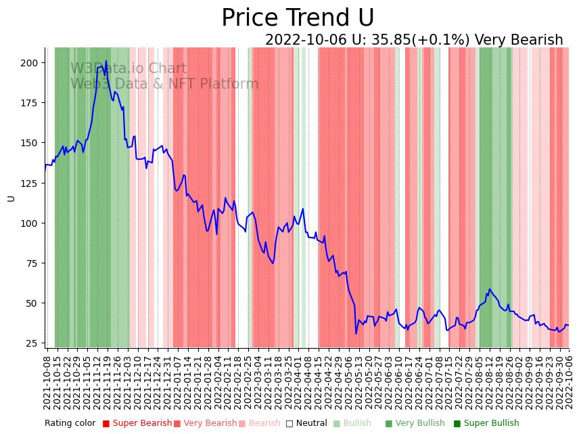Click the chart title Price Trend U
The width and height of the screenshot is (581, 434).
[x=298, y=18]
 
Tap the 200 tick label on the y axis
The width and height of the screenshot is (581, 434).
[x=30, y=63]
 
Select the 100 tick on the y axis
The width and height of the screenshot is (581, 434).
[x=30, y=223]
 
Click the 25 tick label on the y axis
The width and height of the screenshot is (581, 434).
[x=32, y=343]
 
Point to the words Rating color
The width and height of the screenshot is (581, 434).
[x=70, y=424]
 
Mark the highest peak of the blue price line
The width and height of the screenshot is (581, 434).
[x=106, y=61]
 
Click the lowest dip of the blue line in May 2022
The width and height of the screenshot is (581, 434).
[x=356, y=333]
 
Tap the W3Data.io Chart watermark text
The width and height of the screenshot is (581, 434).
[x=129, y=68]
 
